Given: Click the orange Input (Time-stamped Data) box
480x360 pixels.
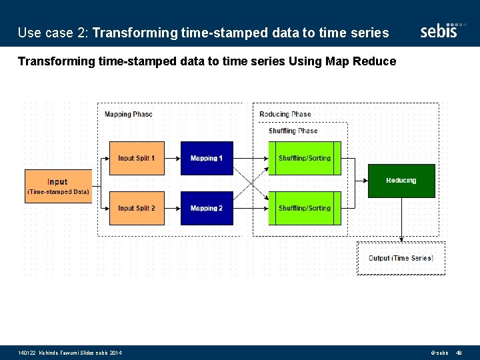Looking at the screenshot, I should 57,186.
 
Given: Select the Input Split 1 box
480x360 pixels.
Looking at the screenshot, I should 137,158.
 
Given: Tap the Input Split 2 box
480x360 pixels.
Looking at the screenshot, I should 137,208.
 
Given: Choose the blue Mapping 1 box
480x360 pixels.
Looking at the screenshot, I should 207,158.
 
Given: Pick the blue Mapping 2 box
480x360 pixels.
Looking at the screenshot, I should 207,208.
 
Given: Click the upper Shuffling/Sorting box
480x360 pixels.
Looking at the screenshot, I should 305,158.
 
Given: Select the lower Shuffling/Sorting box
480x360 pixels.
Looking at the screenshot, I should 305,208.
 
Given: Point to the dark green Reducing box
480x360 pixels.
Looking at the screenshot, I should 401,181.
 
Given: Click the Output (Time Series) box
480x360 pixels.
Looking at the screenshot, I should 401,258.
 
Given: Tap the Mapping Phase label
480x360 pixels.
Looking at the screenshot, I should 129,114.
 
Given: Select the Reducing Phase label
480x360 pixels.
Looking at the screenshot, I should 285,114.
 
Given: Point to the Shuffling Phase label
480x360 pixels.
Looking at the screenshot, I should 293,131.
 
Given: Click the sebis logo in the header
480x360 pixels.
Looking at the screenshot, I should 439,31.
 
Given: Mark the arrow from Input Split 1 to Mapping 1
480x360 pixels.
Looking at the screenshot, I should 173,158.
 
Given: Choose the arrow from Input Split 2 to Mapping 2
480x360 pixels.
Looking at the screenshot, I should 173,208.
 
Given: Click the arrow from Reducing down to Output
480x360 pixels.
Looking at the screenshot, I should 401,220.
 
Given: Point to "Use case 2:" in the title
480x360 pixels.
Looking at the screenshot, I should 53,32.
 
